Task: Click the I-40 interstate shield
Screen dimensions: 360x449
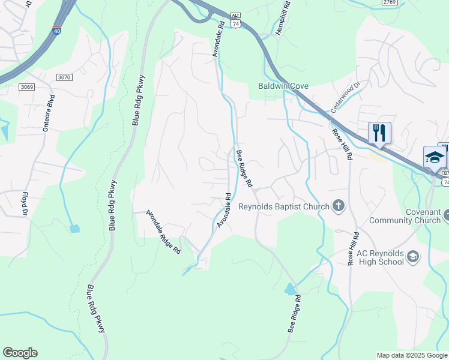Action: click(x=56, y=30)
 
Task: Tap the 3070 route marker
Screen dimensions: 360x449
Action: click(x=64, y=77)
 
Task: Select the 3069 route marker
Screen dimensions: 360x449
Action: click(x=26, y=87)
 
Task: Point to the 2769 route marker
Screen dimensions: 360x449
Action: click(x=390, y=2)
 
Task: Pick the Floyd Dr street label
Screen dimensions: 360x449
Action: click(x=25, y=203)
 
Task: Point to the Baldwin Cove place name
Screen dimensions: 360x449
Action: click(x=283, y=86)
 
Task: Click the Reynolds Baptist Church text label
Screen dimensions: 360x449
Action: click(x=284, y=207)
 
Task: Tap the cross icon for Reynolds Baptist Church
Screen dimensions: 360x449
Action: click(x=339, y=206)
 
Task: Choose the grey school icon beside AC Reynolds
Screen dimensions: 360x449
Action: click(x=413, y=257)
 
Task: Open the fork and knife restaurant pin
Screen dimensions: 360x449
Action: click(x=379, y=133)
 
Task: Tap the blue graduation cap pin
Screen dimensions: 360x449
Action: click(x=435, y=157)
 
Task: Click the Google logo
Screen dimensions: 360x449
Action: click(x=20, y=353)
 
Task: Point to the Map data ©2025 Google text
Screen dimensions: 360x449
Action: click(x=412, y=355)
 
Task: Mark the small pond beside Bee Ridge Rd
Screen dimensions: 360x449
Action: click(x=291, y=289)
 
